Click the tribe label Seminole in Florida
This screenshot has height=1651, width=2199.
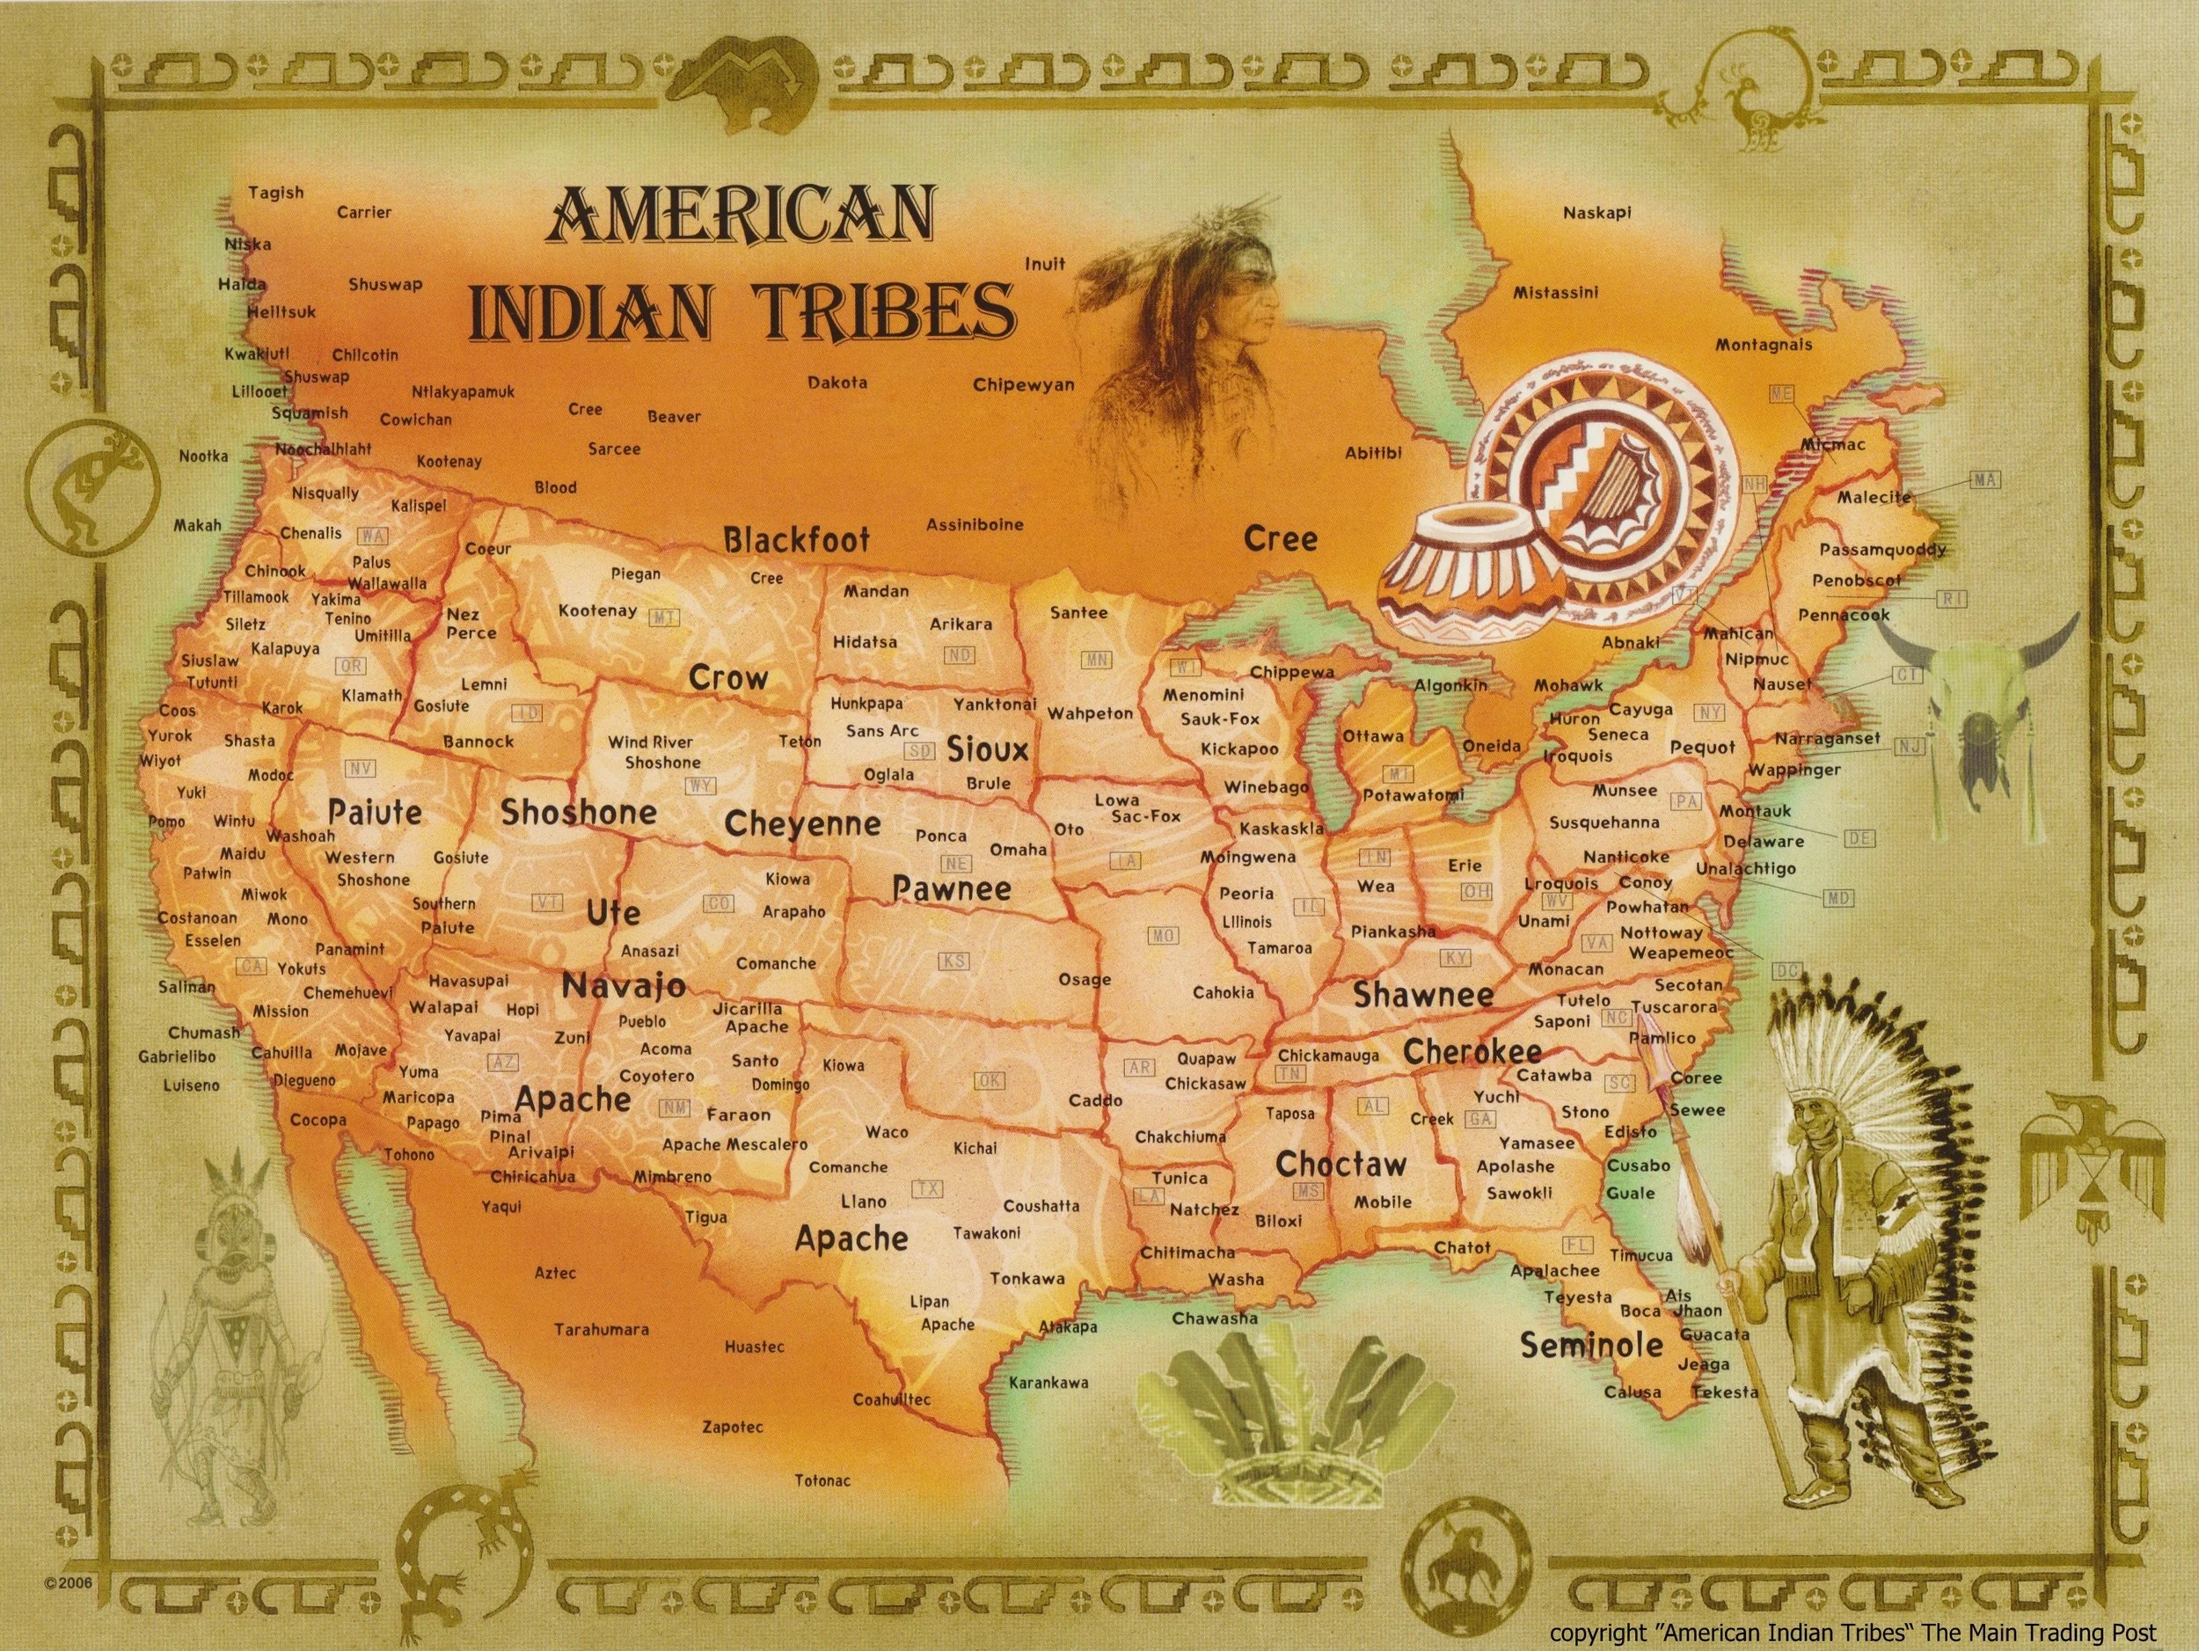(x=1590, y=1346)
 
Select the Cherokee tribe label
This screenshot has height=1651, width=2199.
(x=1472, y=1052)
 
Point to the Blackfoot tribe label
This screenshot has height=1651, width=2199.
(x=796, y=540)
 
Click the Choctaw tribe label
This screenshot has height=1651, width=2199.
(x=1341, y=1164)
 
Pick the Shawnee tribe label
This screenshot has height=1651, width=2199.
(x=1422, y=995)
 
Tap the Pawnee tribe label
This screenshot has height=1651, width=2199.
(x=952, y=888)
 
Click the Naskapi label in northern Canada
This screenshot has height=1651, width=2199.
(x=1596, y=213)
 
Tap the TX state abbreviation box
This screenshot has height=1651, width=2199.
(x=929, y=1189)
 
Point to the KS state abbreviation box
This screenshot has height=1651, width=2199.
(x=954, y=961)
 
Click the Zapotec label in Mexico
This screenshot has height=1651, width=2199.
(x=733, y=1428)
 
